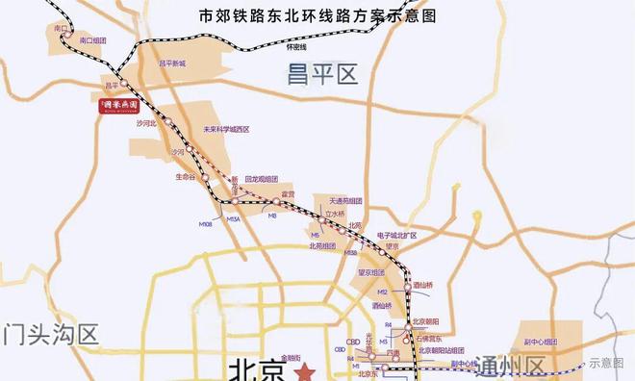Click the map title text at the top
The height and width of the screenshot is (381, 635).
(317, 16)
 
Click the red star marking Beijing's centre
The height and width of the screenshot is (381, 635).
(305, 370)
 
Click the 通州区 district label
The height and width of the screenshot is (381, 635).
(535, 365)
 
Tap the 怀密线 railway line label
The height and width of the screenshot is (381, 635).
(296, 46)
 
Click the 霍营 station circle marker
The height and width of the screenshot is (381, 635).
(275, 201)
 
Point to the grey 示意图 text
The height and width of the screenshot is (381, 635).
(606, 363)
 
